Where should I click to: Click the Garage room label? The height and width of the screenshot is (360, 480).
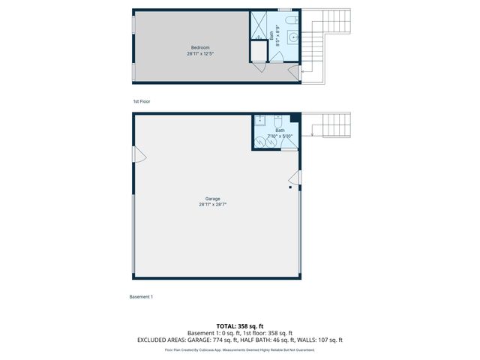tap(212, 199)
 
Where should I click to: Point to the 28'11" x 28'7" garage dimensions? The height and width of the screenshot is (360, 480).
tap(212, 205)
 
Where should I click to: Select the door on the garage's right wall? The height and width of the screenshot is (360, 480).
tap(295, 178)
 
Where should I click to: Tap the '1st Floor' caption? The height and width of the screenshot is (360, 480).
tap(142, 100)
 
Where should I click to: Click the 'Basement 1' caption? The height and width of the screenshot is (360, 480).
tap(141, 297)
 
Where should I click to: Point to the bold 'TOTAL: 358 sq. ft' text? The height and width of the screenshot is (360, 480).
tap(240, 326)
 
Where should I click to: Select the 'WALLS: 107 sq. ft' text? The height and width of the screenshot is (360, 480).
tap(321, 340)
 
